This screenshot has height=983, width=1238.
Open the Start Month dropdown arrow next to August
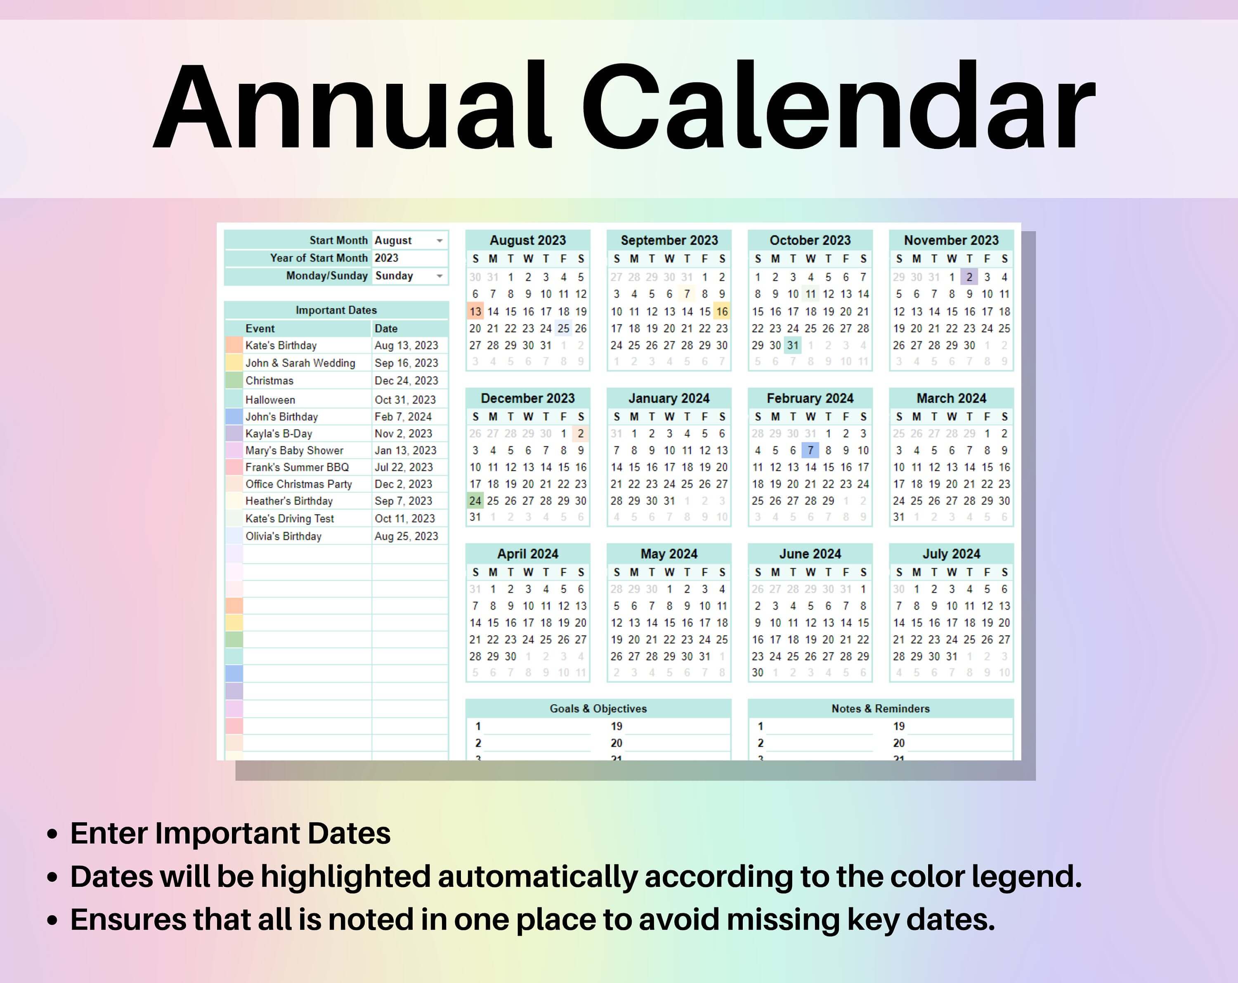[x=439, y=241]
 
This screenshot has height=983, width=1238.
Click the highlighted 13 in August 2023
[x=475, y=311]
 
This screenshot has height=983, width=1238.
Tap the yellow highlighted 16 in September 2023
[x=722, y=311]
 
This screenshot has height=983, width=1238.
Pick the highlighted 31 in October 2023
[x=792, y=345]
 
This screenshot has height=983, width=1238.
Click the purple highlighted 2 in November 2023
[x=969, y=277]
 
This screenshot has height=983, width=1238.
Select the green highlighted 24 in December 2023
[x=475, y=501]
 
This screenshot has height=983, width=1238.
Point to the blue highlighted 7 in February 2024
[x=810, y=450]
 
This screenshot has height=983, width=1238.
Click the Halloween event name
[x=270, y=399]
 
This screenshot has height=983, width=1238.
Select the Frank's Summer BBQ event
[x=297, y=467]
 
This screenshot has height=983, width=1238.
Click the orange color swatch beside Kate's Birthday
[x=234, y=345]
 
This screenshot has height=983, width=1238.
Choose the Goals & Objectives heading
[x=598, y=709]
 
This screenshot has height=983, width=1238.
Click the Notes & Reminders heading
[x=880, y=709]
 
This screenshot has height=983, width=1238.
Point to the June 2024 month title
[x=810, y=553]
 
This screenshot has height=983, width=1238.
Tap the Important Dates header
[x=336, y=310]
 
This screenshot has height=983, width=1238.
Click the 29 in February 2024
[x=827, y=501]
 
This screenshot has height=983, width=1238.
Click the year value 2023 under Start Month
[x=386, y=258]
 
